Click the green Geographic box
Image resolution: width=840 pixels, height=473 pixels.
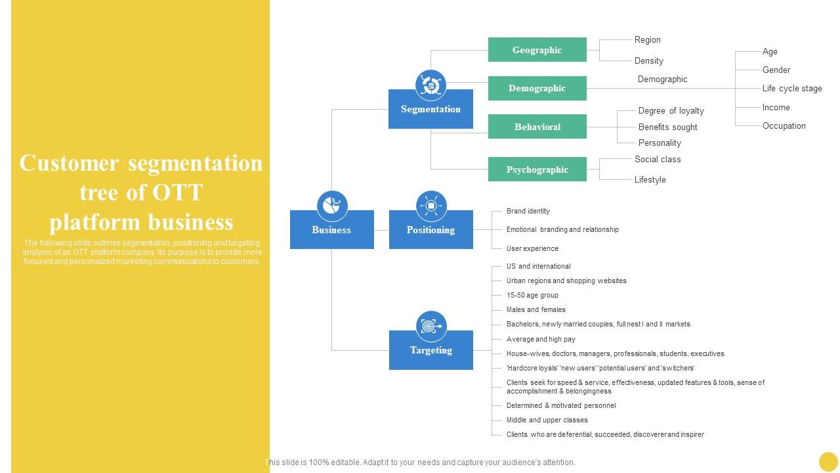coord(537,50)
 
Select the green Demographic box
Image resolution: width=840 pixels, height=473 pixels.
coord(537,88)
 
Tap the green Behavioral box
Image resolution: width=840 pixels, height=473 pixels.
coord(537,127)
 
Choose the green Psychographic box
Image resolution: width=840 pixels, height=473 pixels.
coord(537,169)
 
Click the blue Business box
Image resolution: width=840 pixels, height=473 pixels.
coord(331,230)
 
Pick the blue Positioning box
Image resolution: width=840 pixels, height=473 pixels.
coord(430,230)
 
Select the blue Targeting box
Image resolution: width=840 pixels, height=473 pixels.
coord(430,350)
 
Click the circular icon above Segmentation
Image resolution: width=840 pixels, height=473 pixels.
coord(430,85)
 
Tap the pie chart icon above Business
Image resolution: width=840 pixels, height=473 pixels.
coord(331,206)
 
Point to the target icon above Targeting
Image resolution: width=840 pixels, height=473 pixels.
coord(430,326)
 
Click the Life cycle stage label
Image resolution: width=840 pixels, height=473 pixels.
coord(791,89)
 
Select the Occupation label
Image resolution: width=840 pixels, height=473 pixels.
coord(784,125)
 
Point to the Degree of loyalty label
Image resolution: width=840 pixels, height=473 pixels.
coord(671,111)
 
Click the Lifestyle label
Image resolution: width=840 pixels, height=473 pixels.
coord(650,179)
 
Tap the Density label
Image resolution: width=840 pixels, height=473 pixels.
coord(648,60)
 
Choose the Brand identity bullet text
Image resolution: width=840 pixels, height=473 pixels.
coord(528,211)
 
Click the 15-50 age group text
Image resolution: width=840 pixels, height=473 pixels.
coord(532,295)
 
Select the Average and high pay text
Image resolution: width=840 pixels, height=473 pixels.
coord(541,339)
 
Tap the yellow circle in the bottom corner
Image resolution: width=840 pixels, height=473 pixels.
coord(828,461)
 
